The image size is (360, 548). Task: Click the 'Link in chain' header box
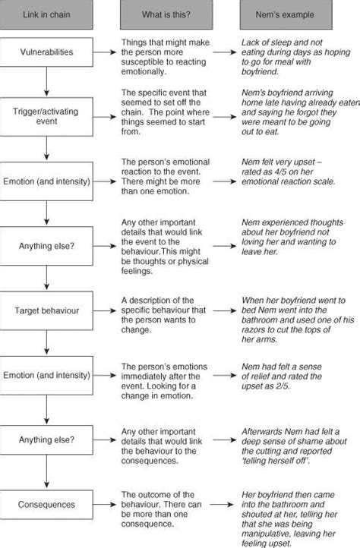coord(47,14)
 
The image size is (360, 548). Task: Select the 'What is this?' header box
coord(166,14)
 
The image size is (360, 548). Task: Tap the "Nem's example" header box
coord(286,14)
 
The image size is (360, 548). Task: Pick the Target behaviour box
coord(47,312)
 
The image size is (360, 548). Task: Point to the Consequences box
coord(47,505)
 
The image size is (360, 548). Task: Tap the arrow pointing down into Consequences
coord(47,474)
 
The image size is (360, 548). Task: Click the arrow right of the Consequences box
coord(224,505)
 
